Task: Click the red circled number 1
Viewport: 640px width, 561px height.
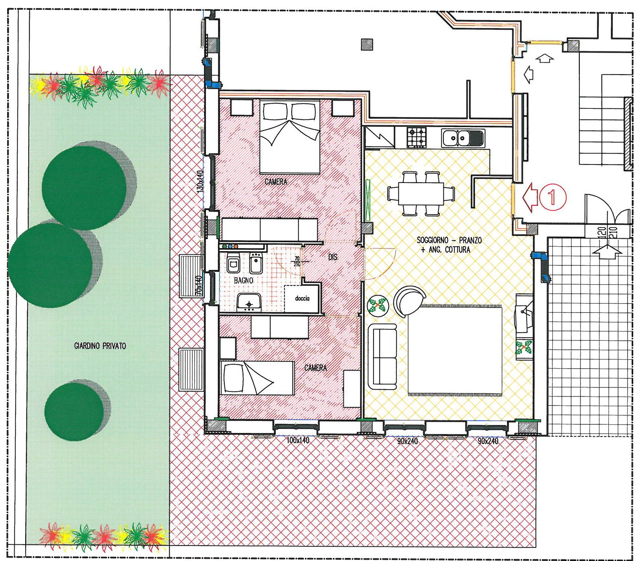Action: point(552,197)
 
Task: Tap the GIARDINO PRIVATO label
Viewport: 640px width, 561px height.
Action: point(100,346)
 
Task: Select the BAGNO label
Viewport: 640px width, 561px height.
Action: point(244,280)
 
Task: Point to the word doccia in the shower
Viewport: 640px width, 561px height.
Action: point(302,299)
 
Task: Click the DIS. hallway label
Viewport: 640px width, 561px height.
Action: point(333,257)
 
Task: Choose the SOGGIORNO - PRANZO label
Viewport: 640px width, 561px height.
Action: point(449,240)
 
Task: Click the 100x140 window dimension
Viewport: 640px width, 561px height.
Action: point(298,440)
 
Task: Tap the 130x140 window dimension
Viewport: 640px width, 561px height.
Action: point(200,181)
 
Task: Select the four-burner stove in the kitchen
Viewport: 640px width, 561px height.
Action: point(417,137)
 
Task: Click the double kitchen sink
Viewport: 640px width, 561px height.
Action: point(463,138)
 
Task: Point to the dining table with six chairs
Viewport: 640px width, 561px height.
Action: point(421,194)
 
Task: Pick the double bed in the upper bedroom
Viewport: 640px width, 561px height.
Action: point(290,137)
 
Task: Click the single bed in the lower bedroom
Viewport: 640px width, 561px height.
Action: point(257,378)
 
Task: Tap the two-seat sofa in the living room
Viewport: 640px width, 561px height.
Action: point(382,357)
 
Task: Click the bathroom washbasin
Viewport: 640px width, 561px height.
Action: point(249,302)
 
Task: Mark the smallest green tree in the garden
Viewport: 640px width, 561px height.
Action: point(75,411)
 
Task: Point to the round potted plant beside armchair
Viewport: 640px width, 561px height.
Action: point(378,306)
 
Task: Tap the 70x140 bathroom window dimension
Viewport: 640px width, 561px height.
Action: point(199,285)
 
